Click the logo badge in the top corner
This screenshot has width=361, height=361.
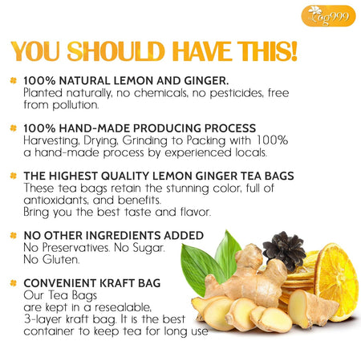pyautogui.click(x=328, y=16)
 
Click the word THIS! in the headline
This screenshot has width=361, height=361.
pyautogui.click(x=267, y=51)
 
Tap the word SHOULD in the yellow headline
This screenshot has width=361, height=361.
pyautogui.click(x=116, y=51)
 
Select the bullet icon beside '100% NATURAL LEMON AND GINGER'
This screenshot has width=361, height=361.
pyautogui.click(x=13, y=80)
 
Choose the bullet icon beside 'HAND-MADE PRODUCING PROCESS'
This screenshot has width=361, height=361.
pyautogui.click(x=13, y=128)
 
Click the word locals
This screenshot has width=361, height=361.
pyautogui.click(x=251, y=152)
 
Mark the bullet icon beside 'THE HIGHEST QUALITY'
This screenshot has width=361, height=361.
pyautogui.click(x=13, y=176)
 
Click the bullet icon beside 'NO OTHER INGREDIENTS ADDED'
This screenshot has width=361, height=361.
pyautogui.click(x=13, y=235)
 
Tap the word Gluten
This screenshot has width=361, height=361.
pyautogui.click(x=61, y=259)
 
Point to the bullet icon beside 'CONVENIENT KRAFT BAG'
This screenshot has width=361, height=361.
pyautogui.click(x=13, y=283)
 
